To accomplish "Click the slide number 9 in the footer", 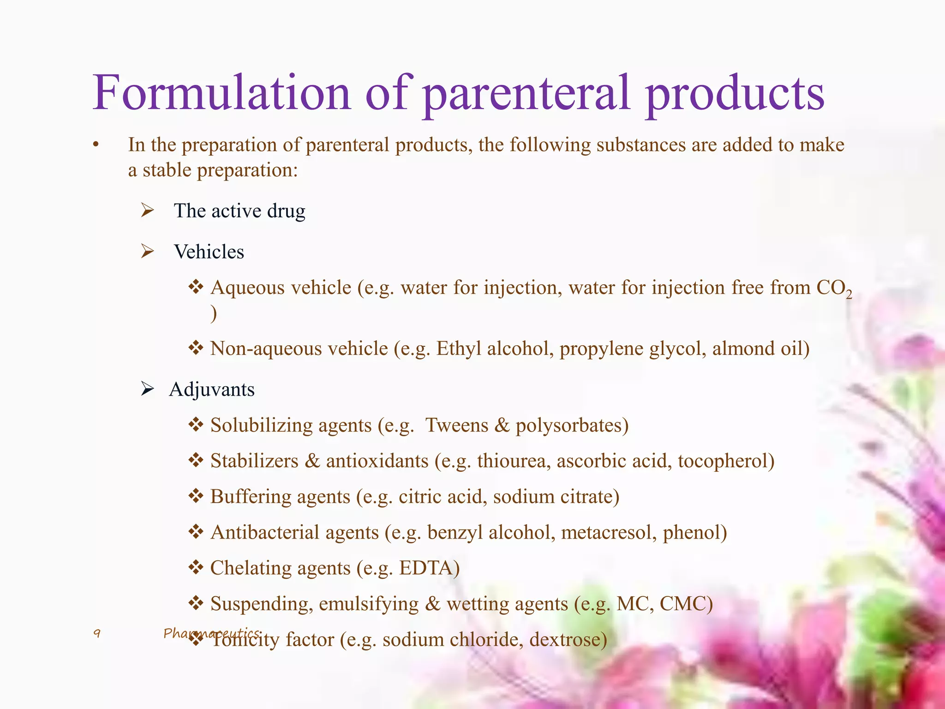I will click(97, 633).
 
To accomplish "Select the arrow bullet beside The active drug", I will click(147, 210).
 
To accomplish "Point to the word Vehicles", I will click(209, 252).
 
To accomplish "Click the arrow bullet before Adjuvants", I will click(147, 389).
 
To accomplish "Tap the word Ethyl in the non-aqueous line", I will click(459, 348).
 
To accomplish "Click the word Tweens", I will click(456, 425).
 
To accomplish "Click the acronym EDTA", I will click(427, 568).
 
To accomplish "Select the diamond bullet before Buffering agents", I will click(196, 497).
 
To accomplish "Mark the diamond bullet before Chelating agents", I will click(196, 568).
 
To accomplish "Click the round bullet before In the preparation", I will click(96, 145).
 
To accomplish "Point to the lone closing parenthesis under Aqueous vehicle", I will click(214, 314).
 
